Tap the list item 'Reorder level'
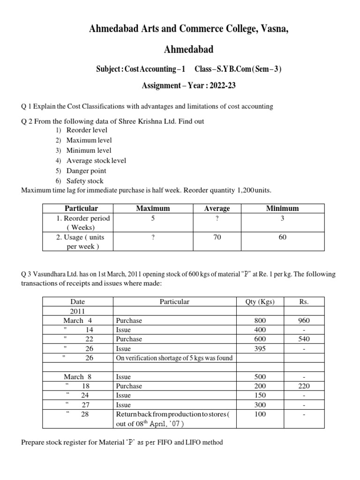coord(87,130)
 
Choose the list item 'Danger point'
coord(86,171)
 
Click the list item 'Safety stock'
coord(85,181)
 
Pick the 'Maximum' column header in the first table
coord(153,208)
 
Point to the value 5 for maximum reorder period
coord(153,218)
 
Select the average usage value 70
coord(217,237)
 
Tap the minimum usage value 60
coord(282,237)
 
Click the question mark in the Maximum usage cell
coord(153,237)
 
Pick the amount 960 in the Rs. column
coord(304,321)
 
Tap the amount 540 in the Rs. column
coord(304,339)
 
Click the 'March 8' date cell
coord(77,376)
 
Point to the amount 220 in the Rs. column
coord(304,386)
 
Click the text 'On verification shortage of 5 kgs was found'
coord(174,358)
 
